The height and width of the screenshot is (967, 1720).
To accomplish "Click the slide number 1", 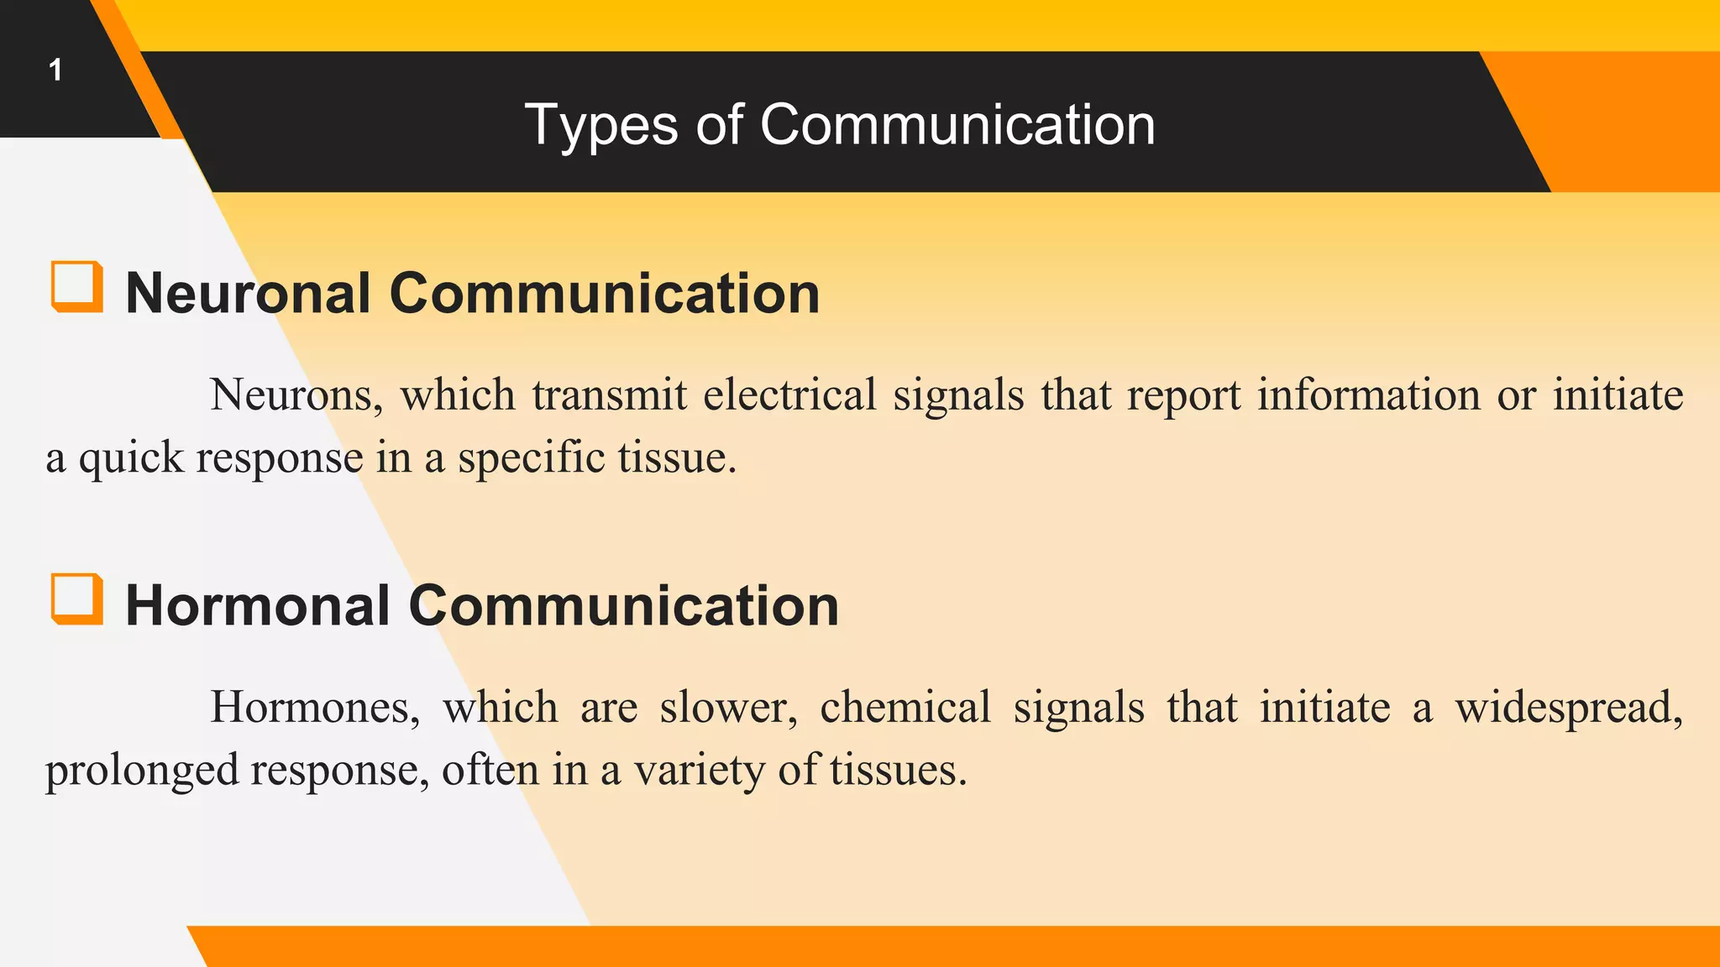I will [x=55, y=70].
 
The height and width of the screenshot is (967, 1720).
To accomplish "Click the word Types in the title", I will [x=600, y=125].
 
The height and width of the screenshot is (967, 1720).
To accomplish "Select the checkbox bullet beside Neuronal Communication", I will [x=77, y=286].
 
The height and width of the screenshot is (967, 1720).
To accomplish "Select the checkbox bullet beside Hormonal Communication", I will [x=77, y=598].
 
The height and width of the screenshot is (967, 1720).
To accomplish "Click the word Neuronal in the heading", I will [x=248, y=294].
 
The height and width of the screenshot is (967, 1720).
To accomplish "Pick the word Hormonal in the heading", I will [x=257, y=606].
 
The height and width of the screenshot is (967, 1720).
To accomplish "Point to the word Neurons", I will [x=296, y=395].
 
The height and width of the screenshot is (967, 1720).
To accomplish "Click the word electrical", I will [x=789, y=395].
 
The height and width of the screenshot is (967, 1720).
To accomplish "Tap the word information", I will [x=1369, y=395].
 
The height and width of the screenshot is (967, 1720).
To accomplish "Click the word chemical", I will [x=905, y=707].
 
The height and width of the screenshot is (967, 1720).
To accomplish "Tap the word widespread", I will [x=1569, y=707].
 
